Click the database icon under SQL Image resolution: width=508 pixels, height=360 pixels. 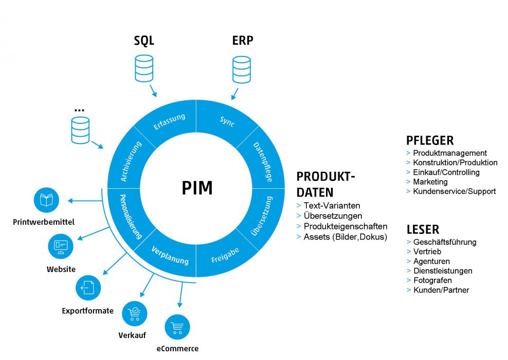[143, 68]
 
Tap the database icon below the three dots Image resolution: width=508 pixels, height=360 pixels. [80, 130]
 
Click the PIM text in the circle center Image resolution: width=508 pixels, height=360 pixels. [197, 188]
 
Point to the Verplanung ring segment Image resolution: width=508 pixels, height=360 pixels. [170, 255]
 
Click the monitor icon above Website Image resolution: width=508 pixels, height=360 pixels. [61, 246]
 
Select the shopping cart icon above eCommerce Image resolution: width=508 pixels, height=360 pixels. [177, 327]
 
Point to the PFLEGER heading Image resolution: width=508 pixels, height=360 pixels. [429, 140]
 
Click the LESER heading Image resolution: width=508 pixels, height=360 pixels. [423, 229]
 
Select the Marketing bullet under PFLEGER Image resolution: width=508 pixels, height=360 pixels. [430, 182]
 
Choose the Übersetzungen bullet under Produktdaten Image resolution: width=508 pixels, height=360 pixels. [332, 216]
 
